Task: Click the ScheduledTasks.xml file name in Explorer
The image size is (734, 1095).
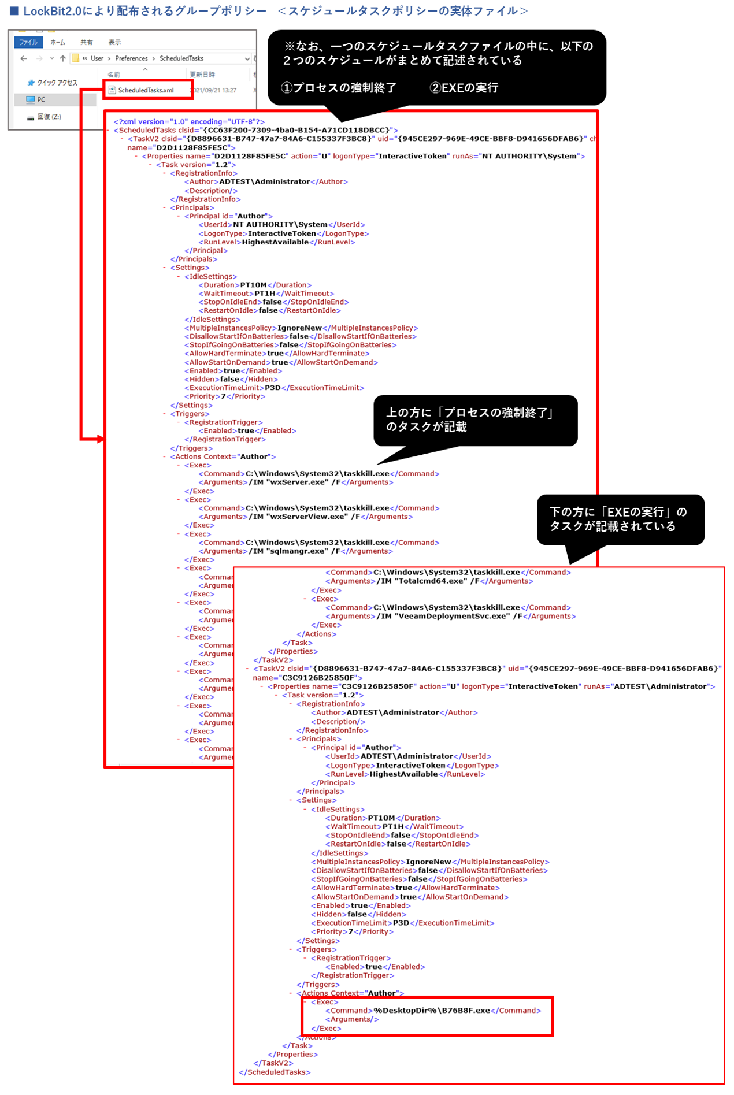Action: pyautogui.click(x=146, y=90)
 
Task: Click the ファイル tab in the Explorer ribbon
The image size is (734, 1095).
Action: pyautogui.click(x=28, y=42)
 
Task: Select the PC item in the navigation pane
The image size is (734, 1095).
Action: pyautogui.click(x=41, y=99)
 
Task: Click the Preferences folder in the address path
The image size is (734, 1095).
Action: pyautogui.click(x=131, y=58)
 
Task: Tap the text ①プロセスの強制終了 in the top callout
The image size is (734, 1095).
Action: pyautogui.click(x=339, y=88)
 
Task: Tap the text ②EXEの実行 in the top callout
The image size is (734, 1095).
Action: pyautogui.click(x=464, y=88)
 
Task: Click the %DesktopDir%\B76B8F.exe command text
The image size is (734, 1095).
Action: pyautogui.click(x=431, y=1011)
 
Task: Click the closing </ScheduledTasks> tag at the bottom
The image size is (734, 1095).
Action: pyautogui.click(x=275, y=1072)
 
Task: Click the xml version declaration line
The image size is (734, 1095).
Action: pyautogui.click(x=189, y=122)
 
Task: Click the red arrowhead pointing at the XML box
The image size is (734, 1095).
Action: pyautogui.click(x=101, y=439)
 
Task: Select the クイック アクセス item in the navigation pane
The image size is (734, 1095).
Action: pyautogui.click(x=57, y=83)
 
